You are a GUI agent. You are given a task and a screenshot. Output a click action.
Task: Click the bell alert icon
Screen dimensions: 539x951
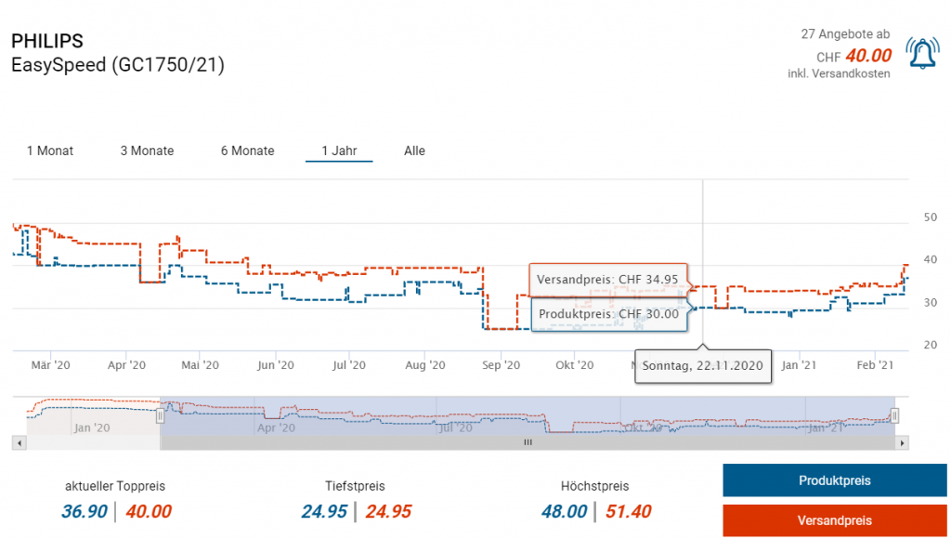click(923, 55)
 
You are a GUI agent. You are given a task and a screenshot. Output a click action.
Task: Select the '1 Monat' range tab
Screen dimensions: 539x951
click(50, 151)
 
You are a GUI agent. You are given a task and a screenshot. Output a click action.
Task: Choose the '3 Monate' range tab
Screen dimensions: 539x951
click(147, 151)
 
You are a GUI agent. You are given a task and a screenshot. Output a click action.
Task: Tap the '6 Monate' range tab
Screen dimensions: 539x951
click(247, 151)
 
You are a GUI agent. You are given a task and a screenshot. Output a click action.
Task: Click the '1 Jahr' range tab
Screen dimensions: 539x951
click(339, 151)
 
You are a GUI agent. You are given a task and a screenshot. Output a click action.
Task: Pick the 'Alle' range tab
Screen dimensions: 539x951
click(414, 151)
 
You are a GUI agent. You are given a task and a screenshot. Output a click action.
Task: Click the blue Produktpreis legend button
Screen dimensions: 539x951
click(834, 480)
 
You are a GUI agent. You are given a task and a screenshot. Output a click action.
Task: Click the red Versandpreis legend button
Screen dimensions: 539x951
click(834, 520)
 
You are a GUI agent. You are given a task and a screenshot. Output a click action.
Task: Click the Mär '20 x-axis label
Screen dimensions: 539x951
click(51, 365)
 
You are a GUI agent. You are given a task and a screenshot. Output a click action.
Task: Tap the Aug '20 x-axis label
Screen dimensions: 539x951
click(424, 365)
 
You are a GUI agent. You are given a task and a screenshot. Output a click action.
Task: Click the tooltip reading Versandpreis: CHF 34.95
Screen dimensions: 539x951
click(607, 279)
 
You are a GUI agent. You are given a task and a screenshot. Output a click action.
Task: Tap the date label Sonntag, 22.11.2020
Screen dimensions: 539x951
click(703, 365)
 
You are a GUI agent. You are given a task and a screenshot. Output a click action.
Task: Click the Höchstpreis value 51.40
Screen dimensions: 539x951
click(629, 511)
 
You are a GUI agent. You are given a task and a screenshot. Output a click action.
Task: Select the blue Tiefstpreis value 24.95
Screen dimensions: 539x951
click(324, 511)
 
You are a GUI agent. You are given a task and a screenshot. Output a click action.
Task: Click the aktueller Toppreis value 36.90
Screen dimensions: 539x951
click(85, 511)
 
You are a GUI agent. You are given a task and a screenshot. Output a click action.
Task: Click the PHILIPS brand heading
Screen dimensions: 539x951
click(46, 41)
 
